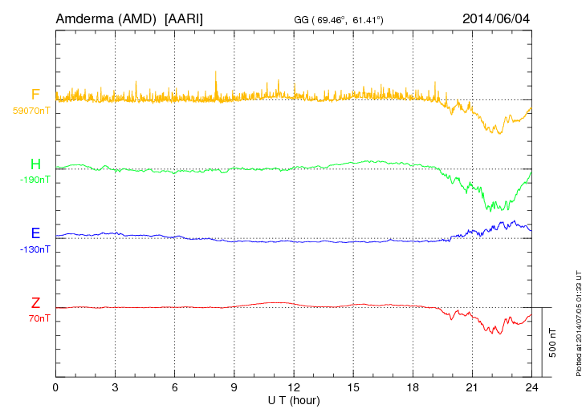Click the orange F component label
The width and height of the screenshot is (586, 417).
(x=35, y=95)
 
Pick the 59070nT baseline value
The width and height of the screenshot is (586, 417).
(x=31, y=111)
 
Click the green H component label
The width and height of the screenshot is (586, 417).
(x=35, y=164)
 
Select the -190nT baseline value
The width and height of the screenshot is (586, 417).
(x=35, y=180)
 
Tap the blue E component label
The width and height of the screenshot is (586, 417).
(x=35, y=233)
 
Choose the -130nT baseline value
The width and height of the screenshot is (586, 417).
(x=35, y=249)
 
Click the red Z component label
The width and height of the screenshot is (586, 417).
(x=35, y=303)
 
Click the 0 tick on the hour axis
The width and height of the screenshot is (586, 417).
(x=55, y=387)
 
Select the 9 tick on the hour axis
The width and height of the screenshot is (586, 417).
(x=234, y=387)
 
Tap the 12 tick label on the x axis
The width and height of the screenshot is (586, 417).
(x=293, y=387)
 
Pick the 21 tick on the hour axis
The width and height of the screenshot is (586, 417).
(x=471, y=387)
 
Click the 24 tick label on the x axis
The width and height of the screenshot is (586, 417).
(x=531, y=387)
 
